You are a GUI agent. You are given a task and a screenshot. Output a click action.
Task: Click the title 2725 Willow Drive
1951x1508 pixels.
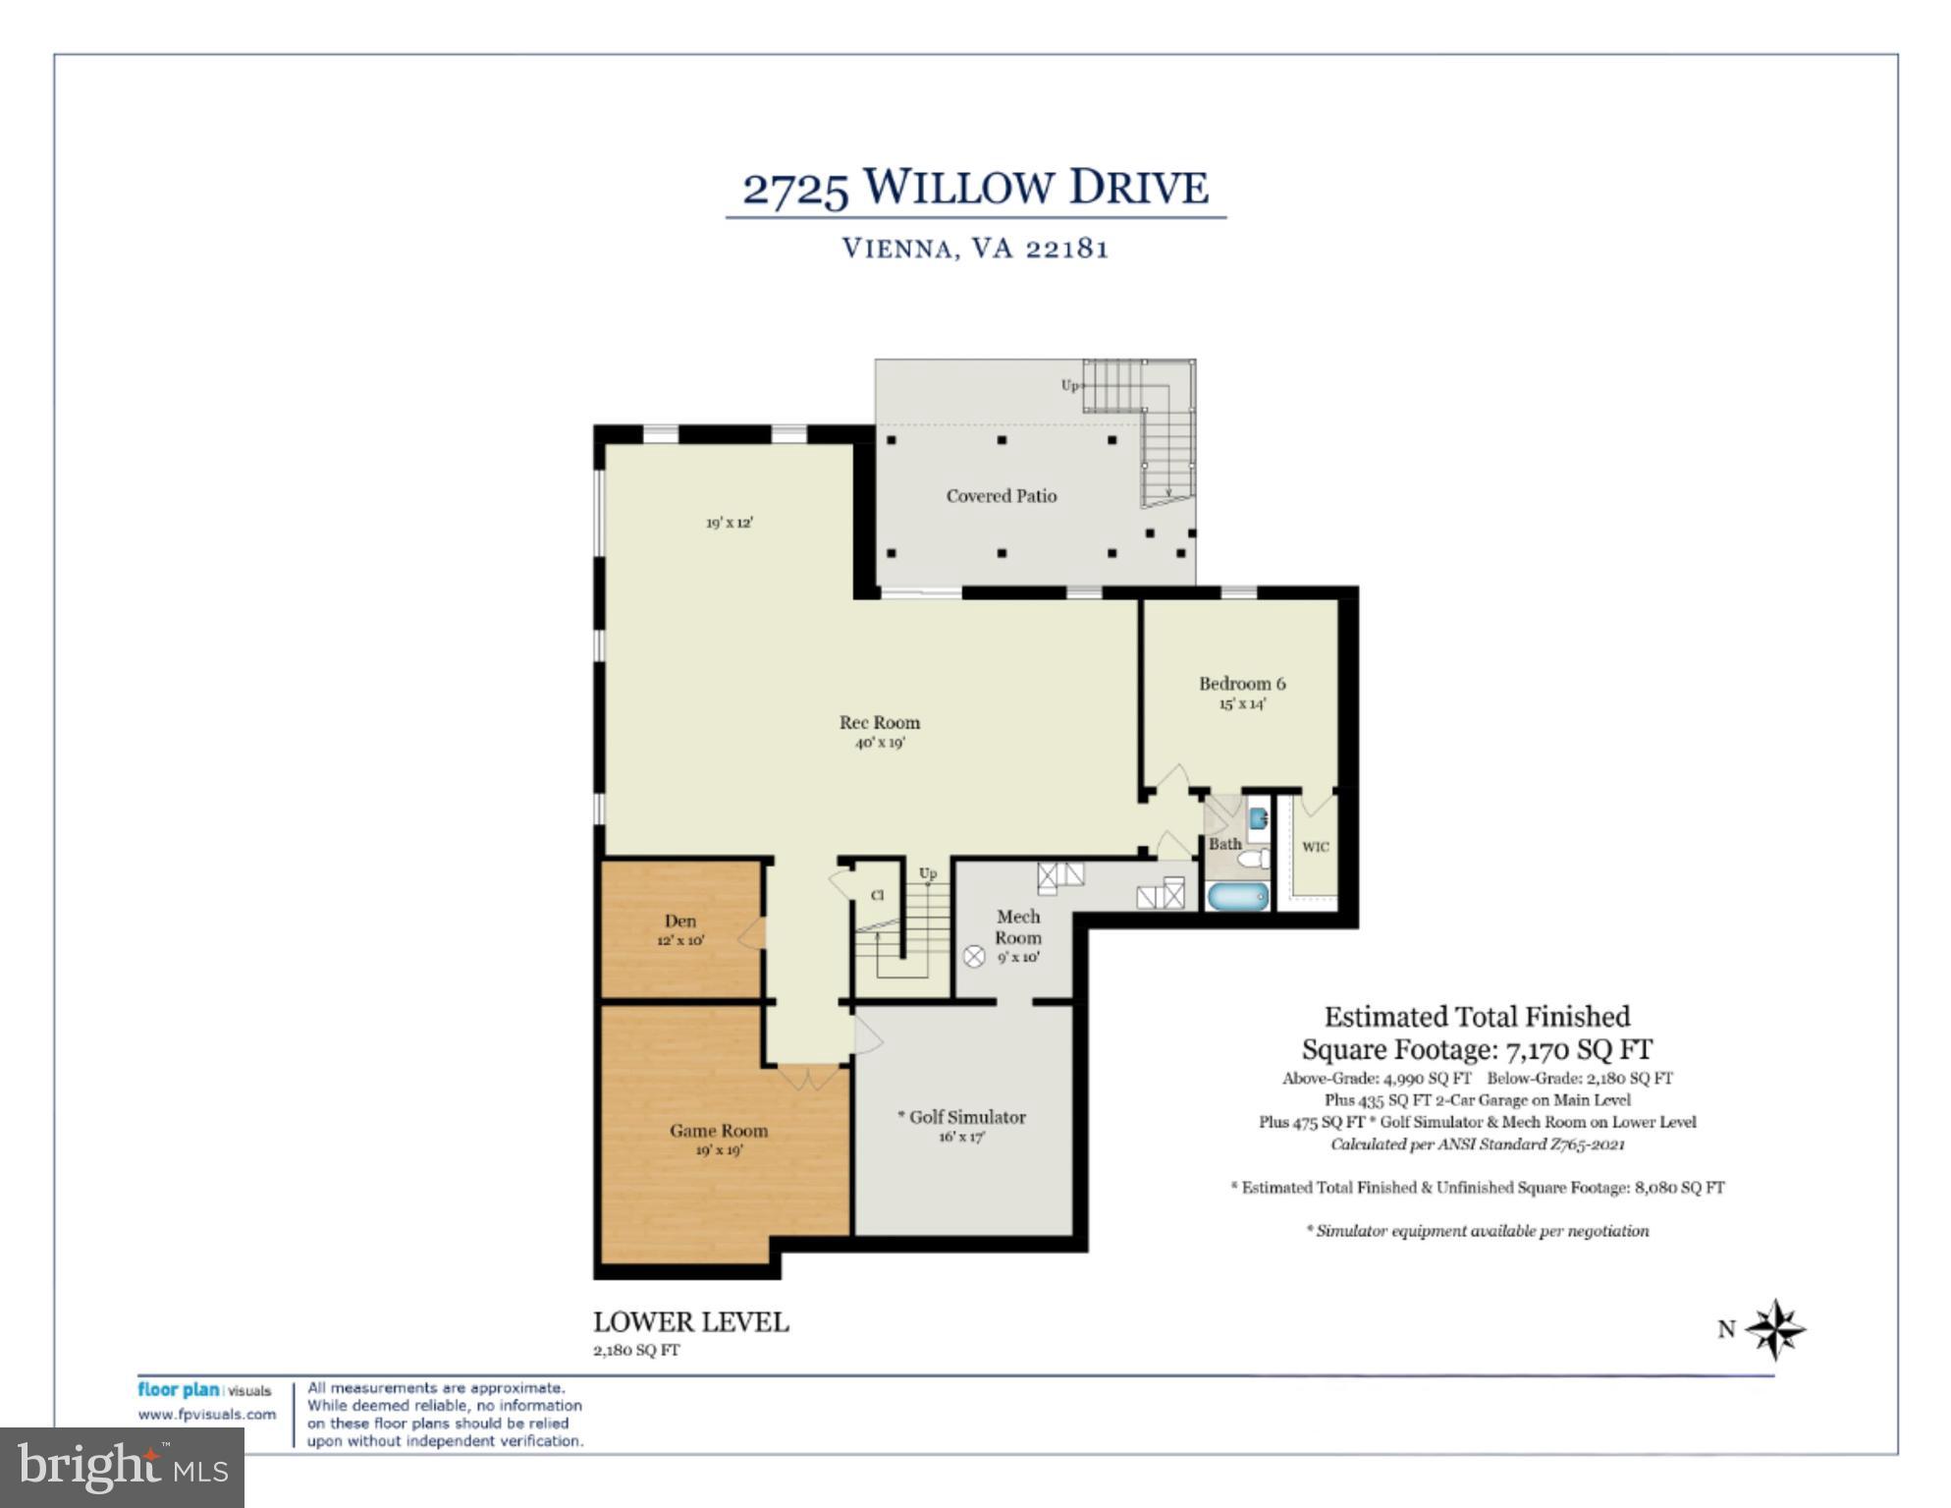[975, 187]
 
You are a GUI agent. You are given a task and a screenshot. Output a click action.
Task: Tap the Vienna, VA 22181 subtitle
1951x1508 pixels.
[975, 248]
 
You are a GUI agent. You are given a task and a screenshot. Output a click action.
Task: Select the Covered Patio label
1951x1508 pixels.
[1001, 496]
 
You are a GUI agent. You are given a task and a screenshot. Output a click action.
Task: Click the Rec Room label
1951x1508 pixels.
[879, 723]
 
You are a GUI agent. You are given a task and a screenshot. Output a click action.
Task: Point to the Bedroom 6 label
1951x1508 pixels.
[1241, 684]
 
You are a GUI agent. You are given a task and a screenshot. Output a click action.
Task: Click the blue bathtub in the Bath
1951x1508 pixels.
[1237, 896]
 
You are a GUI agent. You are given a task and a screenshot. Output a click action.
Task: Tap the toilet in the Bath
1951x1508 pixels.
[1252, 860]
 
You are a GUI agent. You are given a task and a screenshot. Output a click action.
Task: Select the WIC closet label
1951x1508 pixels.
[1315, 847]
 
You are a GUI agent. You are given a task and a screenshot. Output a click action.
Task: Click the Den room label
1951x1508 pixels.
[679, 922]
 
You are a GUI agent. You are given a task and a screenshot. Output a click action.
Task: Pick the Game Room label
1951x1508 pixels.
[719, 1131]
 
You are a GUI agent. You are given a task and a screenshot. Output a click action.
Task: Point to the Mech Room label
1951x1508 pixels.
[1018, 926]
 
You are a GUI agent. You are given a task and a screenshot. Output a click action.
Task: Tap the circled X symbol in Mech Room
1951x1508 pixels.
[973, 956]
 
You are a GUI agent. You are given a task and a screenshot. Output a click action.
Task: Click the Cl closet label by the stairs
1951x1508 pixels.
[877, 895]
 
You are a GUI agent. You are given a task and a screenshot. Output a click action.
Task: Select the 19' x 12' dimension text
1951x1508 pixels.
[729, 523]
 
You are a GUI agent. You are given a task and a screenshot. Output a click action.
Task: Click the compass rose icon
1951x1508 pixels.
[1775, 1329]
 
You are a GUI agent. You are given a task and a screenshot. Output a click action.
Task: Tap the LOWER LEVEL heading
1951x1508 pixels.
[690, 1322]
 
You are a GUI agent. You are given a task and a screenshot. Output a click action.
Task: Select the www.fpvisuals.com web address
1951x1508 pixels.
[207, 1415]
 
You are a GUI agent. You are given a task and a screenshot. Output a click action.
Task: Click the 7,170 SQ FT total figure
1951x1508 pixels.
[1579, 1049]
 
